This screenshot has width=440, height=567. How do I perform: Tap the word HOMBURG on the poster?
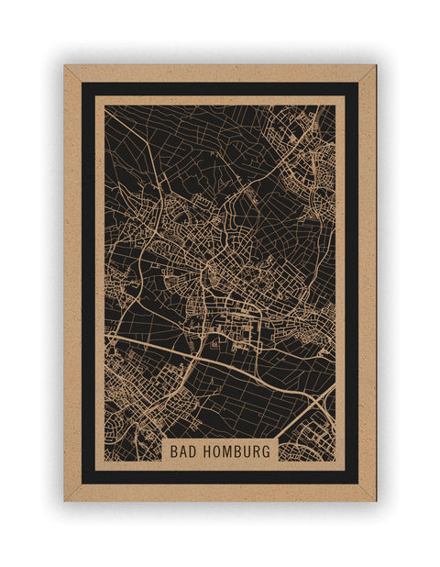click(238, 451)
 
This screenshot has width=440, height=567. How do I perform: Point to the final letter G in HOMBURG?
click(268, 451)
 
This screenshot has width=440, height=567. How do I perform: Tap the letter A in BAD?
click(184, 451)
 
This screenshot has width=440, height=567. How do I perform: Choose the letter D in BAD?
click(194, 451)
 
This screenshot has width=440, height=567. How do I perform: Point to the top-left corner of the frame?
click(65, 66)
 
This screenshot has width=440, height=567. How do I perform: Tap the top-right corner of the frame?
click(375, 66)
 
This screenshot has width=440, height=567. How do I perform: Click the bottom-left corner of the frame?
click(65, 500)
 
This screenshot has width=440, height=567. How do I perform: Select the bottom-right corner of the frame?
click(375, 500)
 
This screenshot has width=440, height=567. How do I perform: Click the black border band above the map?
click(220, 89)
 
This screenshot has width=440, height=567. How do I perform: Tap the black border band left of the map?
click(87, 275)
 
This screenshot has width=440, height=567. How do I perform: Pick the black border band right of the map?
click(351, 275)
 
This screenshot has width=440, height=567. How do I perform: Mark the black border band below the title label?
click(220, 477)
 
